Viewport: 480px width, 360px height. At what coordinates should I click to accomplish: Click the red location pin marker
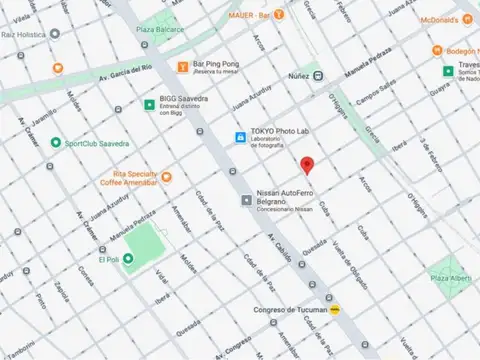(307, 165)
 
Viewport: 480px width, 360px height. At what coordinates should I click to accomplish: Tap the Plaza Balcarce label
(161, 30)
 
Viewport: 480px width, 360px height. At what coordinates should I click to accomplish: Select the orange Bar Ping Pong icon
(182, 67)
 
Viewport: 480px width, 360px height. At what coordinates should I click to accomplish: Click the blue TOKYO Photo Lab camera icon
(240, 137)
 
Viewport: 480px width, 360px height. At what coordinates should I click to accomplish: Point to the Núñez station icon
(317, 75)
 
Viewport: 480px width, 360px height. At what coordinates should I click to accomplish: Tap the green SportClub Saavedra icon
(56, 142)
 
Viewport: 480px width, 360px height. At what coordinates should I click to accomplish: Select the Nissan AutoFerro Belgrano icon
(246, 201)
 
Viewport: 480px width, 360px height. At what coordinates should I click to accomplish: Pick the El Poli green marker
(128, 259)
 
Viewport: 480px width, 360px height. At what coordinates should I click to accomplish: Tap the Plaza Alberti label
(452, 276)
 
